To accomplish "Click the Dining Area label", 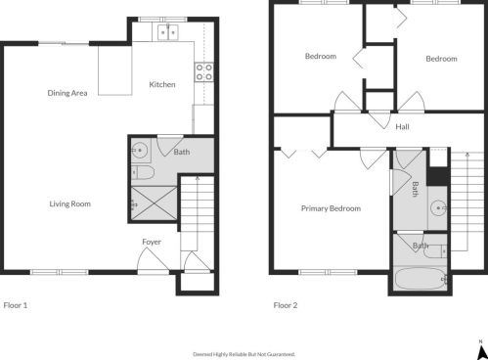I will point(67,93).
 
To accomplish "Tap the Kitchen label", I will point(162,85).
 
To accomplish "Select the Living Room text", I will point(70,203).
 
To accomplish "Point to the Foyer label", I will point(152,242).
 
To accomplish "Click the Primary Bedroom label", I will point(331,208).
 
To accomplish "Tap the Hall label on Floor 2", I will point(402,128).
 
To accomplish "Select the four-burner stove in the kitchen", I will point(205,71).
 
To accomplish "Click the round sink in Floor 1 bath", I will point(140,151).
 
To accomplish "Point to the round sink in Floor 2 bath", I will point(439,207).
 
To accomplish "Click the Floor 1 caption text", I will point(16,305).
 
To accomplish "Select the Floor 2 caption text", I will point(286,305).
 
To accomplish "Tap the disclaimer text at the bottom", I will point(244,354).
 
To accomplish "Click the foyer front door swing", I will point(152,260).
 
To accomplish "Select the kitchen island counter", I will point(115,70).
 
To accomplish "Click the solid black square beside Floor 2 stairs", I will point(436,176).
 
